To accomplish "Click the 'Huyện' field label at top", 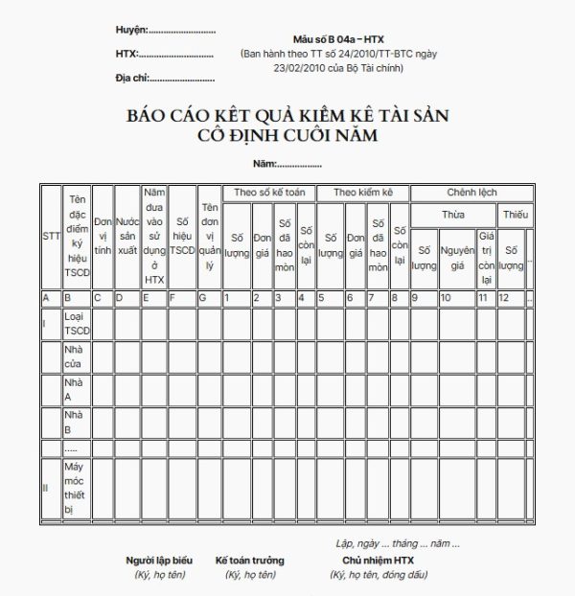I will tap(131, 31).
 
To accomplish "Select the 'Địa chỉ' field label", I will tap(132, 77).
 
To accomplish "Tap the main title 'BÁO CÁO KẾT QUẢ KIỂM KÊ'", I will tap(287, 116).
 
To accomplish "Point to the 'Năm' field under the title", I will tap(267, 166).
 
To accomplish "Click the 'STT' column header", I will tap(51, 236).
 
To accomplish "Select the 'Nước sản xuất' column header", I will tap(126, 236).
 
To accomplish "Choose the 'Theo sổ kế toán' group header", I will tap(269, 193).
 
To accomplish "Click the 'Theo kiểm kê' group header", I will tap(363, 193).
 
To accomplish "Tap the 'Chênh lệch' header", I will tap(470, 193).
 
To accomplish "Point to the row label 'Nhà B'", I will tap(74, 422).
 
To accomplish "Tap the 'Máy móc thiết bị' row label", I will tap(76, 488).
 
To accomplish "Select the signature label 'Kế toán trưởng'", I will tap(249, 561).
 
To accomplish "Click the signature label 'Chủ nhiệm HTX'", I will tap(378, 561).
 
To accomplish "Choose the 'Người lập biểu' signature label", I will tap(159, 561).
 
